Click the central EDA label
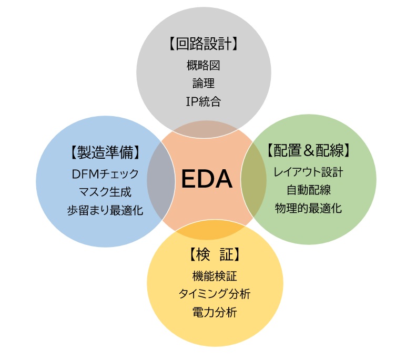(x=207, y=180)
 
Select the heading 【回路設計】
(x=204, y=44)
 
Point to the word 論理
(x=203, y=83)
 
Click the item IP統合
(x=203, y=101)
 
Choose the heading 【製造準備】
(x=105, y=152)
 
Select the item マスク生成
(x=105, y=191)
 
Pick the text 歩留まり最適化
(x=105, y=209)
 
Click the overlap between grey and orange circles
(x=205, y=125)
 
